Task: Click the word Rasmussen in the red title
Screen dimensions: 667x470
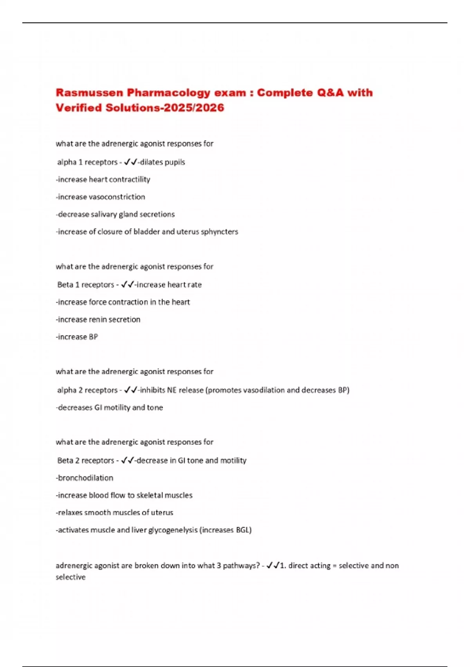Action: (89, 93)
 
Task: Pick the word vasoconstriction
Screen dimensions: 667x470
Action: (117, 197)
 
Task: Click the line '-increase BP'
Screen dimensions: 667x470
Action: (77, 337)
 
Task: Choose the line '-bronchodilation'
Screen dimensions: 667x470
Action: (85, 478)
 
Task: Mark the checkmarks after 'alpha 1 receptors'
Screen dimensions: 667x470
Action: (130, 162)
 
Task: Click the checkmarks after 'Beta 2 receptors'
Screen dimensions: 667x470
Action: (128, 460)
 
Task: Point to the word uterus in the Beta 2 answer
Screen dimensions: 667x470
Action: (162, 512)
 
